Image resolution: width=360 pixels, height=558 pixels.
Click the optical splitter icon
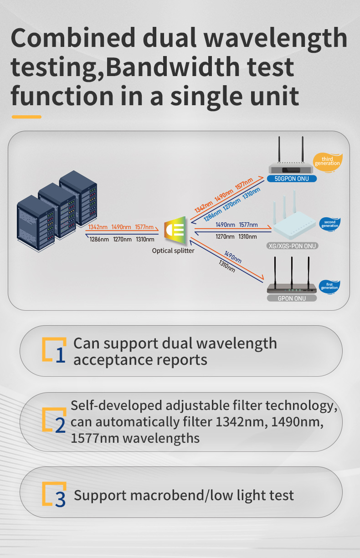(175, 230)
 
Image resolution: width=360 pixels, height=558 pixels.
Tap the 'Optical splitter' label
(173, 251)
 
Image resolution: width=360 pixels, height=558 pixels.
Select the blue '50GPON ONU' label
(292, 179)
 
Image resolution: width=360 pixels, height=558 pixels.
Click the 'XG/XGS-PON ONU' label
(292, 246)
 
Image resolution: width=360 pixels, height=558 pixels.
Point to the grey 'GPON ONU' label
(292, 298)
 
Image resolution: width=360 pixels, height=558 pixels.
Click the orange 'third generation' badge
(327, 162)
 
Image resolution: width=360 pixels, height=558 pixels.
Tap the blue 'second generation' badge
(329, 224)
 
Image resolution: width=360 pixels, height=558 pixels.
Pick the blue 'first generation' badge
(329, 287)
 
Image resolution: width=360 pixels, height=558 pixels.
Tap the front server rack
(36, 223)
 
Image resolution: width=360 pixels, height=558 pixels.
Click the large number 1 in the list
(61, 355)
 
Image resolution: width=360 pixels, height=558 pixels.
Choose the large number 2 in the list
(60, 425)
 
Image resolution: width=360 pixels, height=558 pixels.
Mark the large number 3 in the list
(60, 499)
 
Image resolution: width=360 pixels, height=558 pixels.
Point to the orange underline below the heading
(26, 117)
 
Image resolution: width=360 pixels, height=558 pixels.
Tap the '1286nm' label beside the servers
(99, 240)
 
